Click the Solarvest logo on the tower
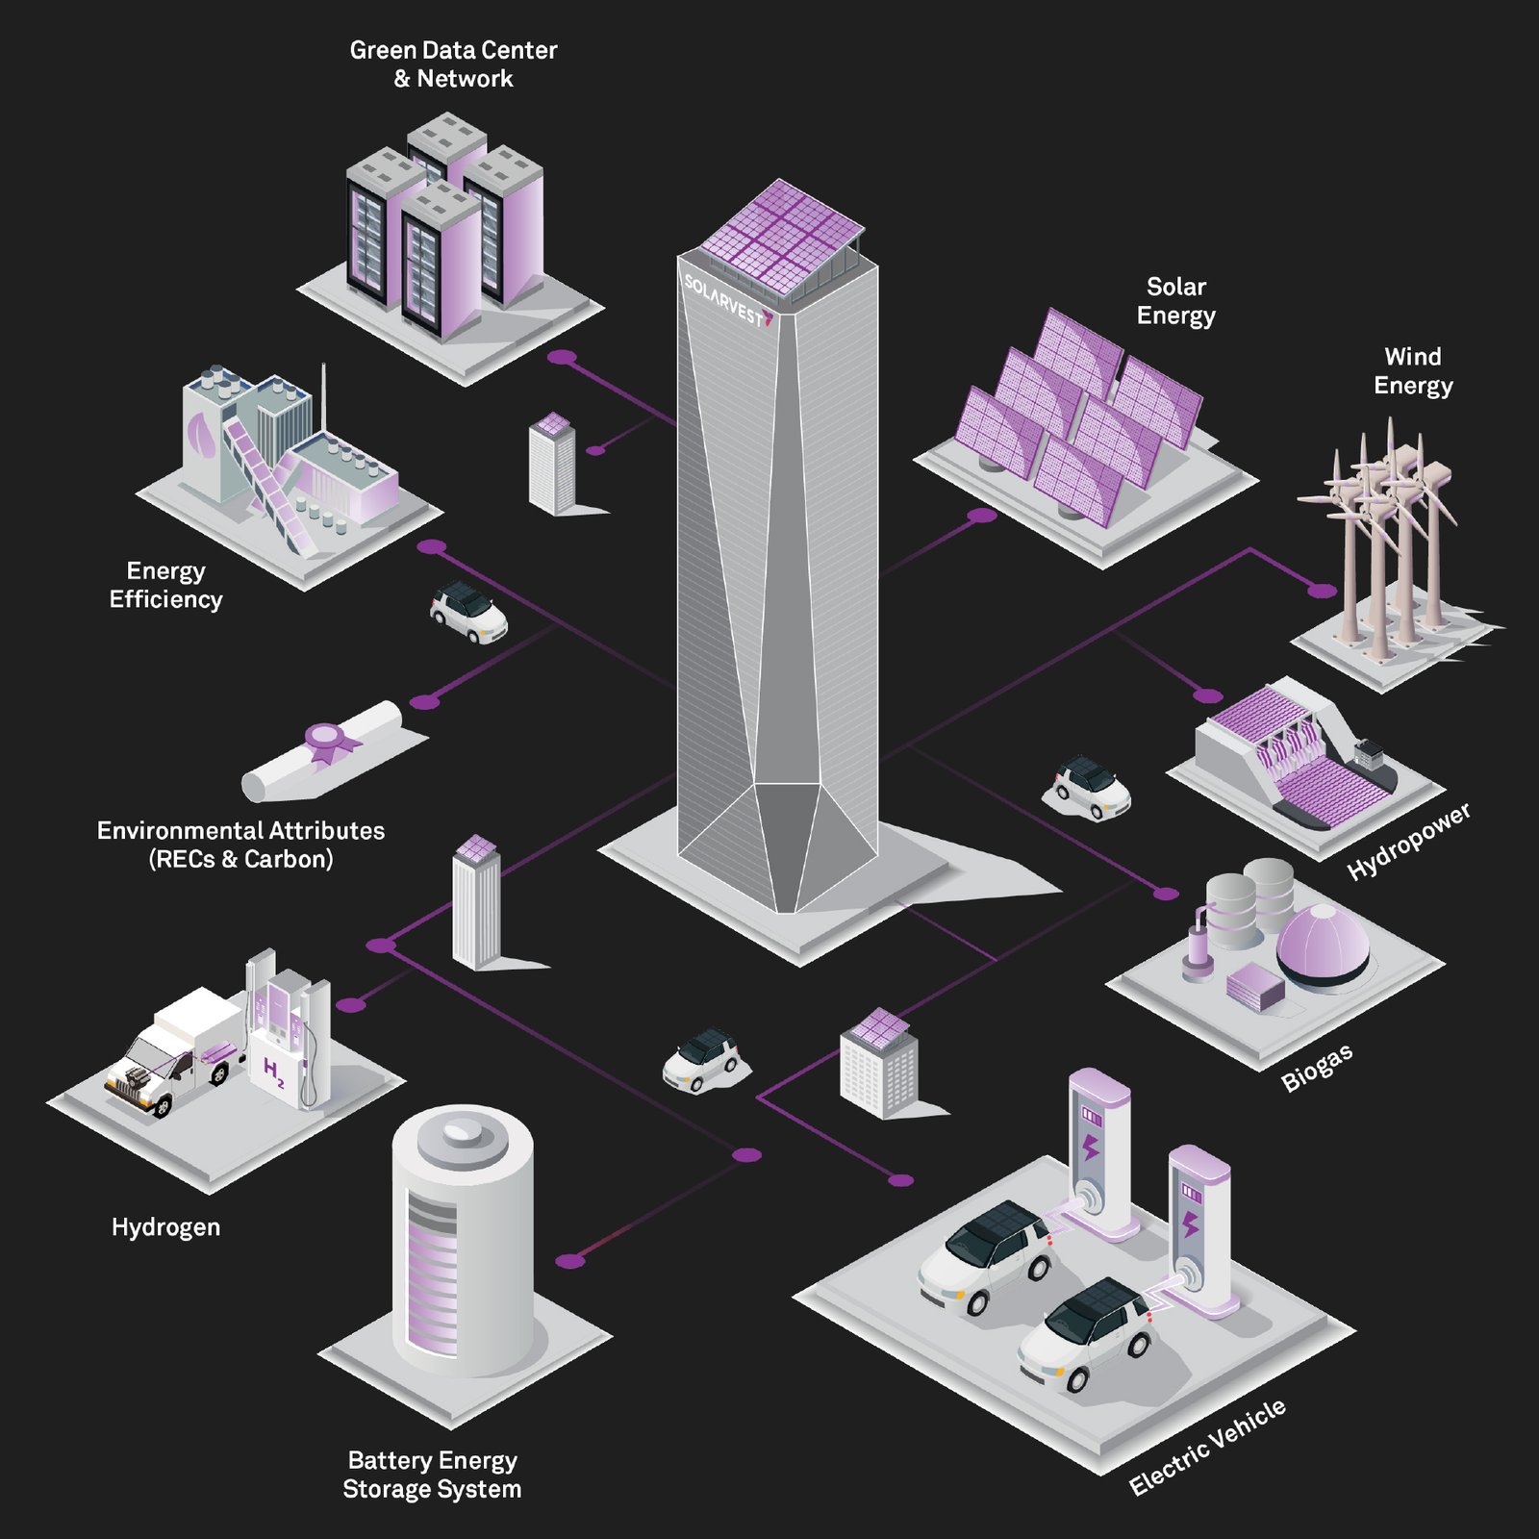click(728, 301)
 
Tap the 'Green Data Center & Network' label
click(453, 64)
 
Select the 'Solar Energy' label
click(1175, 301)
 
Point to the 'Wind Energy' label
click(1412, 371)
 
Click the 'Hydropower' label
click(1409, 842)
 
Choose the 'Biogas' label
click(1317, 1068)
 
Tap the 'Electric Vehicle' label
click(1207, 1448)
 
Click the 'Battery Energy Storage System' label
click(432, 1475)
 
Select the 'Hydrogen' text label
click(165, 1227)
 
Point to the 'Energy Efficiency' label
click(165, 585)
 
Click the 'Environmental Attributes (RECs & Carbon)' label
click(240, 845)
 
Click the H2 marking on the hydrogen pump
click(273, 1072)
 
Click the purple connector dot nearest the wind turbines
click(1324, 591)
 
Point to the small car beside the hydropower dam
click(1087, 787)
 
